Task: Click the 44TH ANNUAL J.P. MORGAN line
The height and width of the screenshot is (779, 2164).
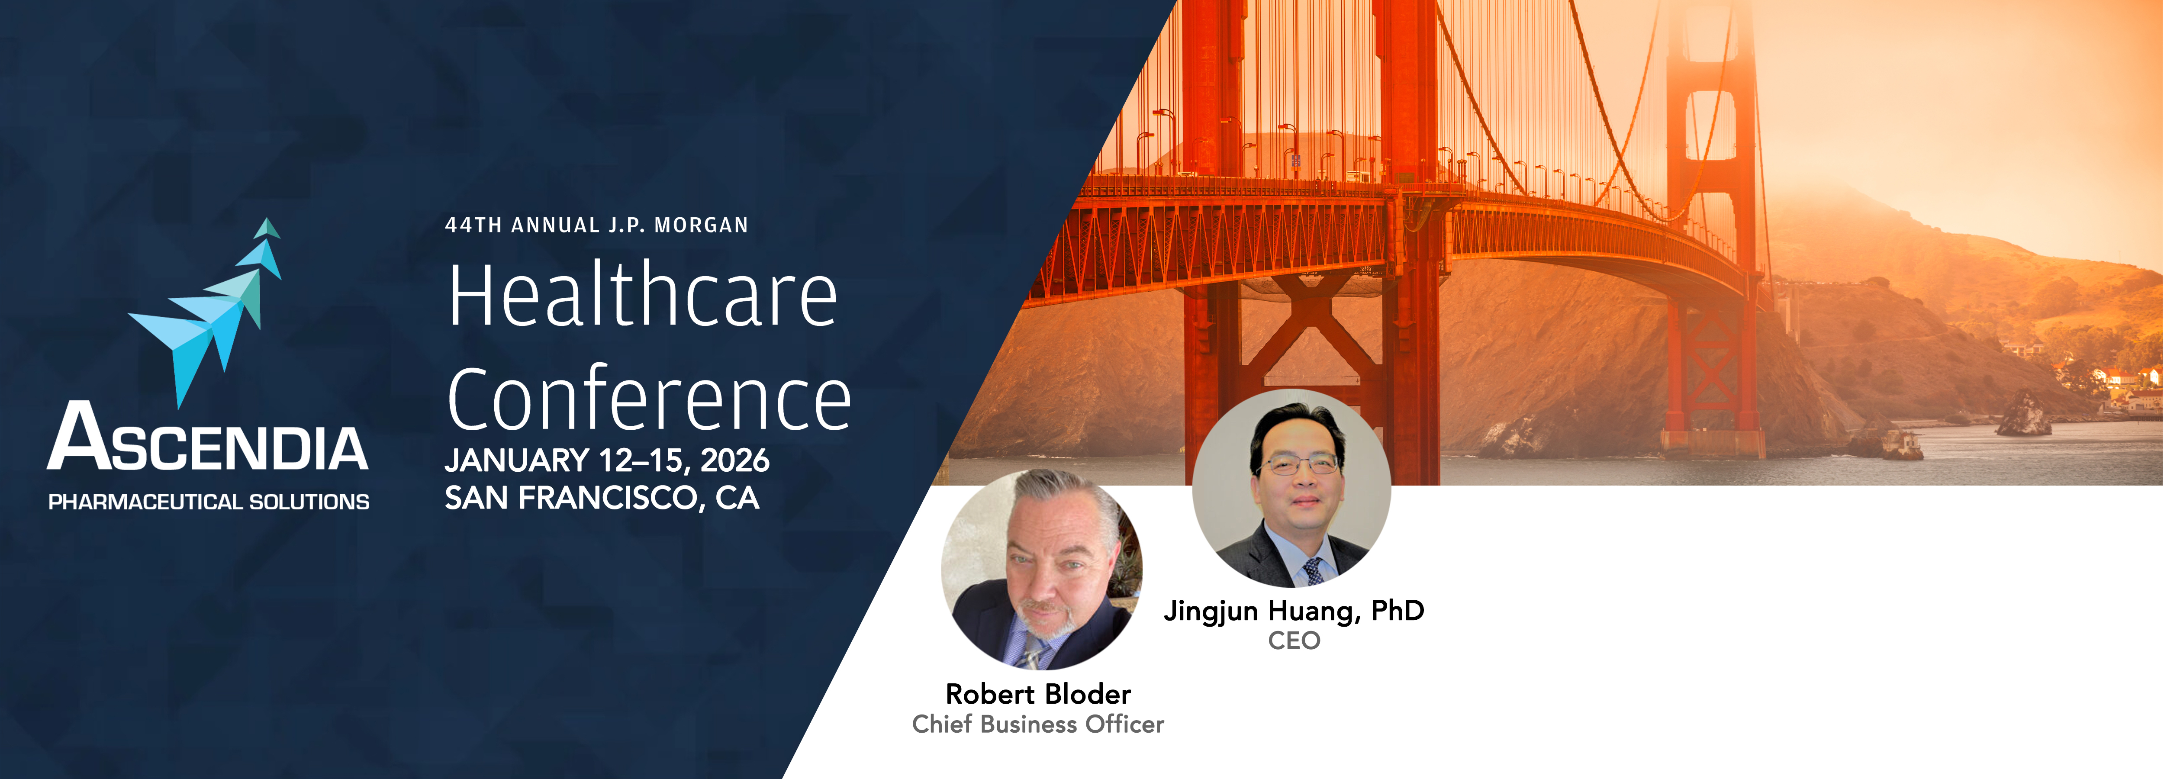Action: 596,225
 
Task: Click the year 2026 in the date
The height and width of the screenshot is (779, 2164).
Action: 735,460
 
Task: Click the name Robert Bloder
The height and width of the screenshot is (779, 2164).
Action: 1038,694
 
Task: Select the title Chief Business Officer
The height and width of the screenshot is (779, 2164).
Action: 1038,724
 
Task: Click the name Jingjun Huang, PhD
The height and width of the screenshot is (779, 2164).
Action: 1294,611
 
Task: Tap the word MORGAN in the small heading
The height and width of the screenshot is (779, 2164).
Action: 702,225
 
